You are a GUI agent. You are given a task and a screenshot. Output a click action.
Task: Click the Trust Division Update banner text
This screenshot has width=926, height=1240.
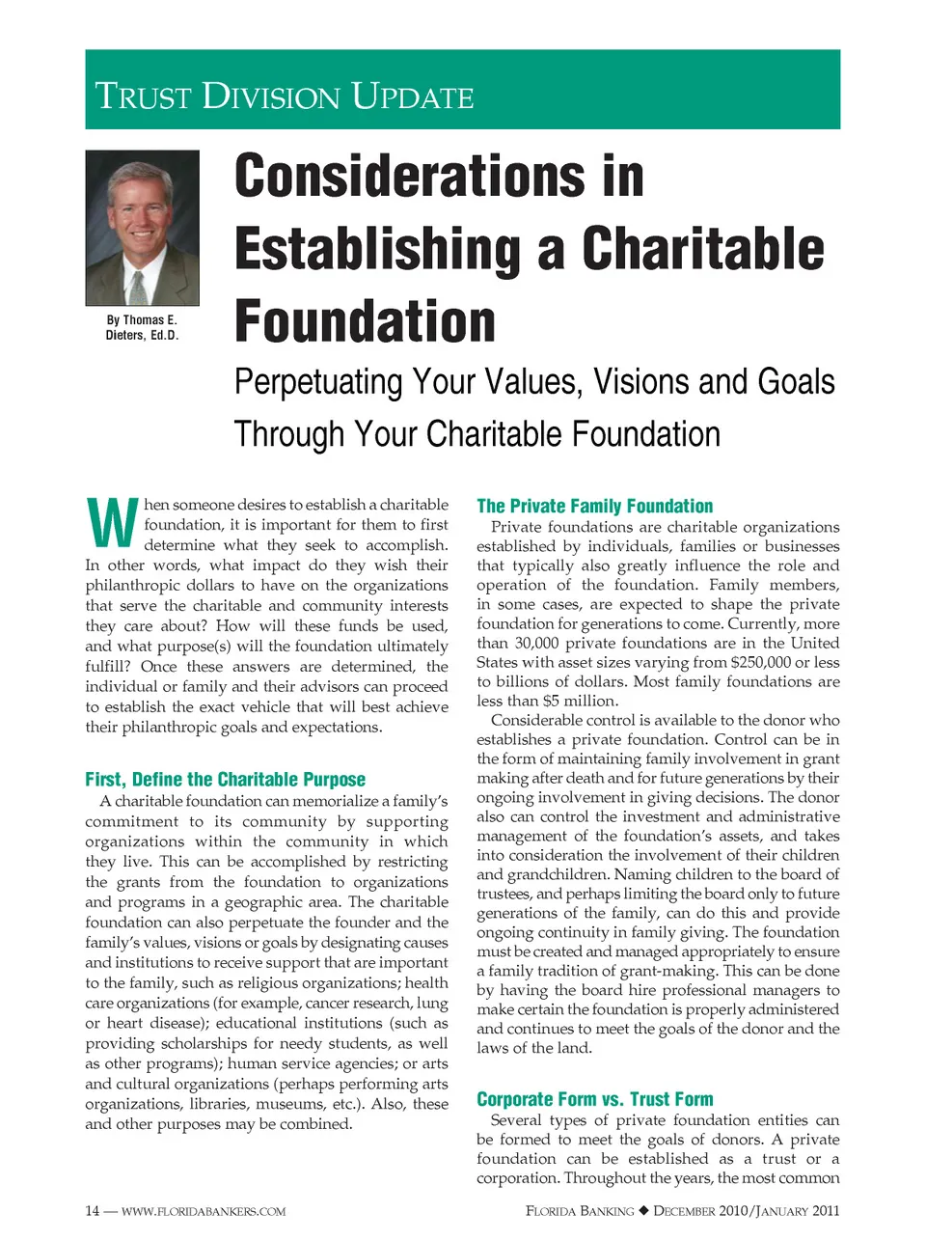tap(285, 96)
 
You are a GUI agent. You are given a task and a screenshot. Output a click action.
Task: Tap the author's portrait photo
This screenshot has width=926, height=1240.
tap(142, 228)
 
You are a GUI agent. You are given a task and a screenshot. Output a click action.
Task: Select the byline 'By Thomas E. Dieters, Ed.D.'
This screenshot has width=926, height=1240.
tap(142, 327)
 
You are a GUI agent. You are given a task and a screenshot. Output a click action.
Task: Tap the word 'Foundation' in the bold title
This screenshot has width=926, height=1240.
tap(365, 321)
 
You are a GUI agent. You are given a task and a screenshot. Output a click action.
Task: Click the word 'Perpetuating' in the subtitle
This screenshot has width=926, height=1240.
tap(318, 382)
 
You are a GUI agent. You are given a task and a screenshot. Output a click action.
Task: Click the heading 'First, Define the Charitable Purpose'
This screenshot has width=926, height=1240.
tap(225, 779)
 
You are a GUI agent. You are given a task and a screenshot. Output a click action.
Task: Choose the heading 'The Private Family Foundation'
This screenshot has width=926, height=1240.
tap(594, 506)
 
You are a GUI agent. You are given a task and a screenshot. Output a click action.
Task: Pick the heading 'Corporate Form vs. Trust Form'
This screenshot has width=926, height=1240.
tap(594, 1099)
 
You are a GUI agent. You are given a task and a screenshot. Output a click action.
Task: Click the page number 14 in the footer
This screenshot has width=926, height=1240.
tap(92, 1211)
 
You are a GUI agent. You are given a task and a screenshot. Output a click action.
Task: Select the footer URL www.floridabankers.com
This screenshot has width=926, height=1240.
tap(204, 1211)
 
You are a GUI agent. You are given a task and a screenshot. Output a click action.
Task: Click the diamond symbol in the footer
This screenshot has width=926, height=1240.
tap(643, 1211)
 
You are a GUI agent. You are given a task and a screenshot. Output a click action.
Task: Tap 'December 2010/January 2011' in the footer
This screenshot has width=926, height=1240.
tap(746, 1211)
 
